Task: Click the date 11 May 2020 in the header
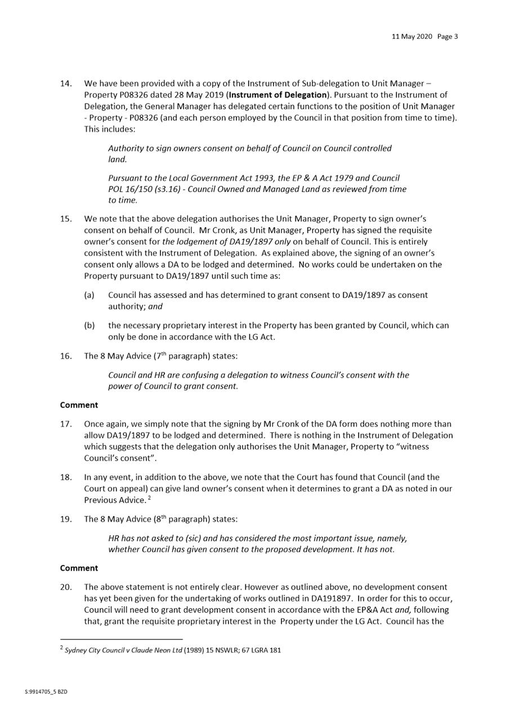coord(412,37)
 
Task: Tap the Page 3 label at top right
coord(447,37)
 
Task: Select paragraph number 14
coord(66,83)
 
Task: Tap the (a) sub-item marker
coord(89,295)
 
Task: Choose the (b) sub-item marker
coord(89,326)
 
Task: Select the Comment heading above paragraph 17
coord(79,405)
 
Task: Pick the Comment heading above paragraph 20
coord(79,568)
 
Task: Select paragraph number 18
coord(66,477)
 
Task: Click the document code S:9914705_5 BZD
coord(46,691)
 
